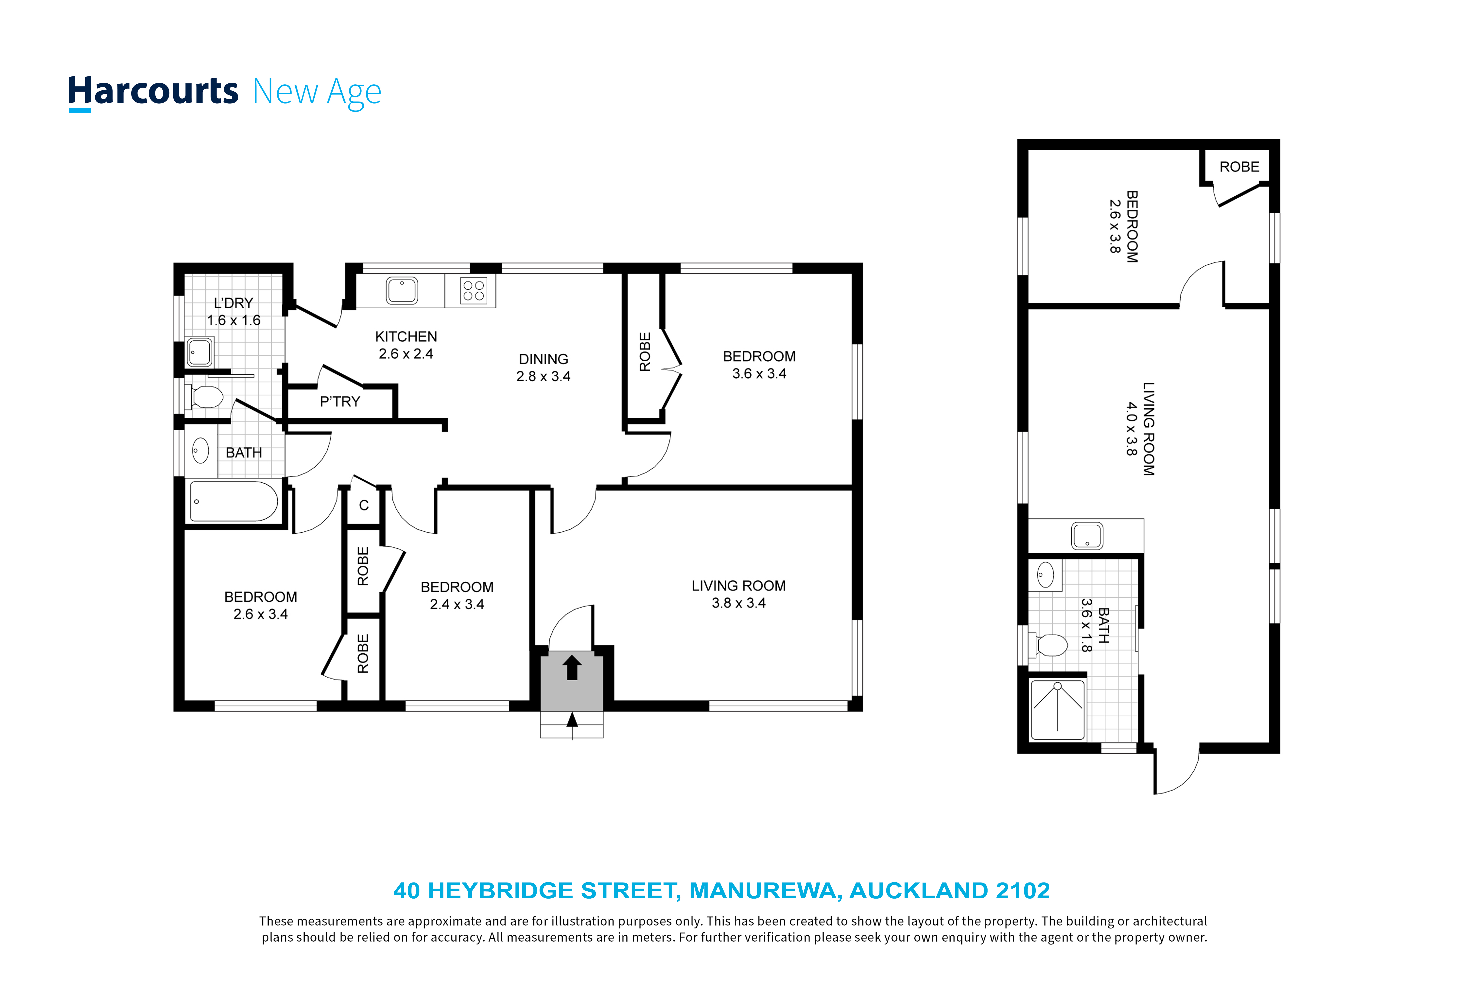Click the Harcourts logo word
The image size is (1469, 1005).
coord(153,92)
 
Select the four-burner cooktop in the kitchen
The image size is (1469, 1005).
coord(474,291)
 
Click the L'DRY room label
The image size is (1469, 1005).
coord(233,303)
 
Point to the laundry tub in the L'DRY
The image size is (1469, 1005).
coord(200,351)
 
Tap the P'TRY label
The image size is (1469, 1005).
coord(340,401)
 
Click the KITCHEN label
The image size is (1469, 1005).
coord(406,336)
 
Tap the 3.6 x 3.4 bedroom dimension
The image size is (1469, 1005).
coord(759,374)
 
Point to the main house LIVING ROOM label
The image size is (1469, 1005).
coord(738,586)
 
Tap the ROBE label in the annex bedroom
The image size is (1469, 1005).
coord(1239,167)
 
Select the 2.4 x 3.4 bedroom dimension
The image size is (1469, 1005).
coord(457,604)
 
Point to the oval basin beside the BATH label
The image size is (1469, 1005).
coord(200,451)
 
